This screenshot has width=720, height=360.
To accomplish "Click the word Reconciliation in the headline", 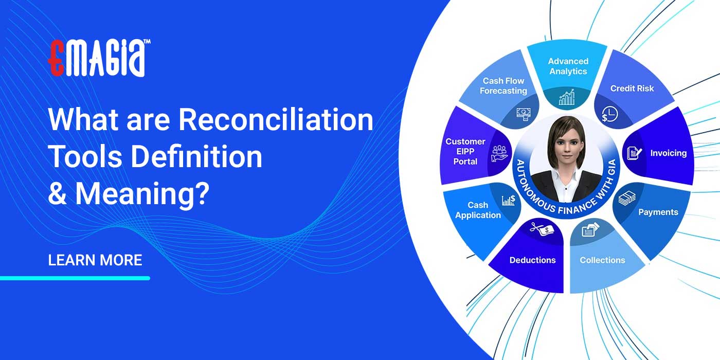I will [x=276, y=120].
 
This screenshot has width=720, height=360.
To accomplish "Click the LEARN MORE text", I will [x=95, y=260].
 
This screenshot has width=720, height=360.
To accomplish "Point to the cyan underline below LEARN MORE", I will [x=75, y=278].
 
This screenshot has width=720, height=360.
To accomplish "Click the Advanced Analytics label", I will [x=568, y=66].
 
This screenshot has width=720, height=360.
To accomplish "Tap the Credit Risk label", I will [x=632, y=88].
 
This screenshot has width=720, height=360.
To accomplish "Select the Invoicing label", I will [x=668, y=153].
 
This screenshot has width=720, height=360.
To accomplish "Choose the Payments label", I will [x=658, y=212].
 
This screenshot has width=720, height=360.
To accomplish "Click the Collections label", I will [x=602, y=260].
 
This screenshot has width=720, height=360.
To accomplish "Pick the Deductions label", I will [x=532, y=260].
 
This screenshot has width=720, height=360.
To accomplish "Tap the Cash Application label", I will [x=478, y=210].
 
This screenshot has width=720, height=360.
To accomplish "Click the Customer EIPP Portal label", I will [x=465, y=151].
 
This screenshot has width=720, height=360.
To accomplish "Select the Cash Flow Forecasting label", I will [x=503, y=86].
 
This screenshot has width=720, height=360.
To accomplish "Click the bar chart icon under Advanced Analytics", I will [x=567, y=97].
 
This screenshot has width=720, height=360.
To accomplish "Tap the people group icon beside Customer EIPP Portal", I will [x=499, y=153].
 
